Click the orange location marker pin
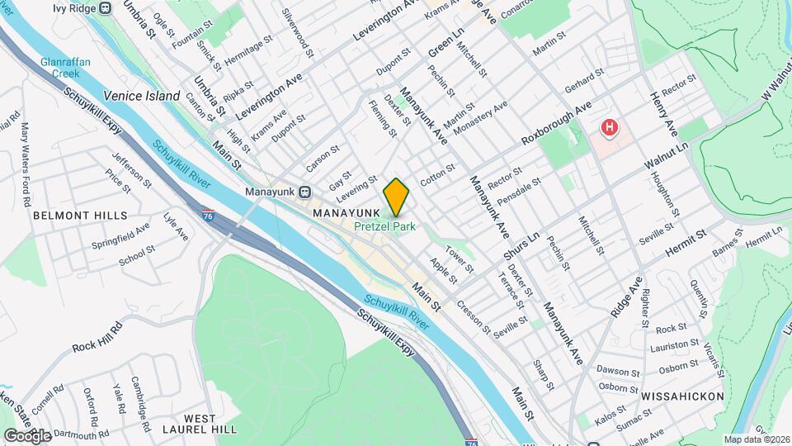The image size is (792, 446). pyautogui.click(x=397, y=197)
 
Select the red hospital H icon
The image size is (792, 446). pyautogui.click(x=609, y=127)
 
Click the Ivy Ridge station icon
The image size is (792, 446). pyautogui.click(x=106, y=8)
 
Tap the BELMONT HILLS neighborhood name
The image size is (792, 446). pyautogui.click(x=81, y=215)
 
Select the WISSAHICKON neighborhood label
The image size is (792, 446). pyautogui.click(x=682, y=396)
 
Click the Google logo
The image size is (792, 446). pyautogui.click(x=26, y=434)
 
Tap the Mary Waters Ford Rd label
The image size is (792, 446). pyautogui.click(x=26, y=164)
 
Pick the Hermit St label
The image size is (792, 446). pyautogui.click(x=688, y=241)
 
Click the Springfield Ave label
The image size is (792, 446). pyautogui.click(x=133, y=235)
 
